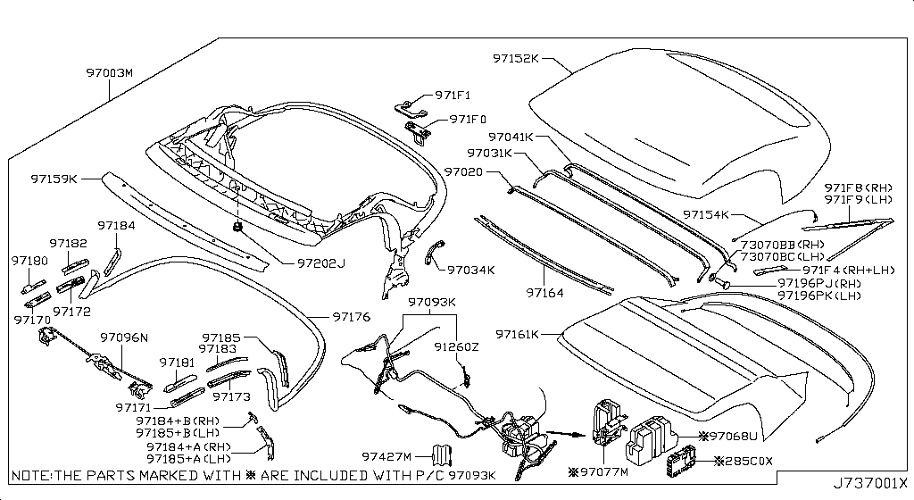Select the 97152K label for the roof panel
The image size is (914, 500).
coord(516,58)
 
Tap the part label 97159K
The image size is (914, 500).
coord(55,179)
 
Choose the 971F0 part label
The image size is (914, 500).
coord(468,119)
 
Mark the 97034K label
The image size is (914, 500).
coord(471,269)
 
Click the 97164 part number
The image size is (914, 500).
coord(544,292)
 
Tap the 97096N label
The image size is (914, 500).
coord(123,338)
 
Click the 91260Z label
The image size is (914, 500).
coord(457,346)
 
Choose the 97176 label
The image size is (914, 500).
coord(351,316)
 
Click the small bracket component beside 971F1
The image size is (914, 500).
coord(410,106)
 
